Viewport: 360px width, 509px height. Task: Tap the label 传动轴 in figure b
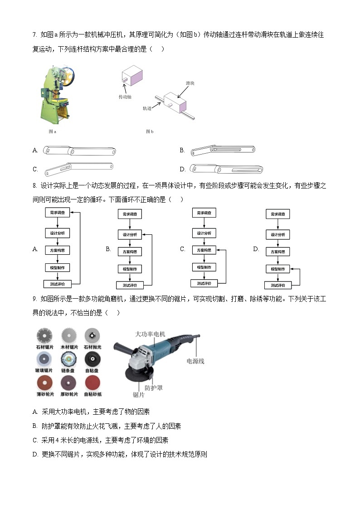125,97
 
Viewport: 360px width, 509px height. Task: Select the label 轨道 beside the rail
147,108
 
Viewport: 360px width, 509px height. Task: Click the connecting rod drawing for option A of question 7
79,150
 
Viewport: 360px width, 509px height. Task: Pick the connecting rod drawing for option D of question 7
226,170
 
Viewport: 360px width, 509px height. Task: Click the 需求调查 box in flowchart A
57,213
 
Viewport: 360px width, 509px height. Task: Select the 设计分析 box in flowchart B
130,235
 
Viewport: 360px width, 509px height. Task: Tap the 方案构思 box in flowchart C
204,250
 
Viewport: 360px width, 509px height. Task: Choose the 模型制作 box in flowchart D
277,269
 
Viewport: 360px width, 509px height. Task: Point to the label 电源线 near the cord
195,361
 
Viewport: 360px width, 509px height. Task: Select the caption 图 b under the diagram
150,131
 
